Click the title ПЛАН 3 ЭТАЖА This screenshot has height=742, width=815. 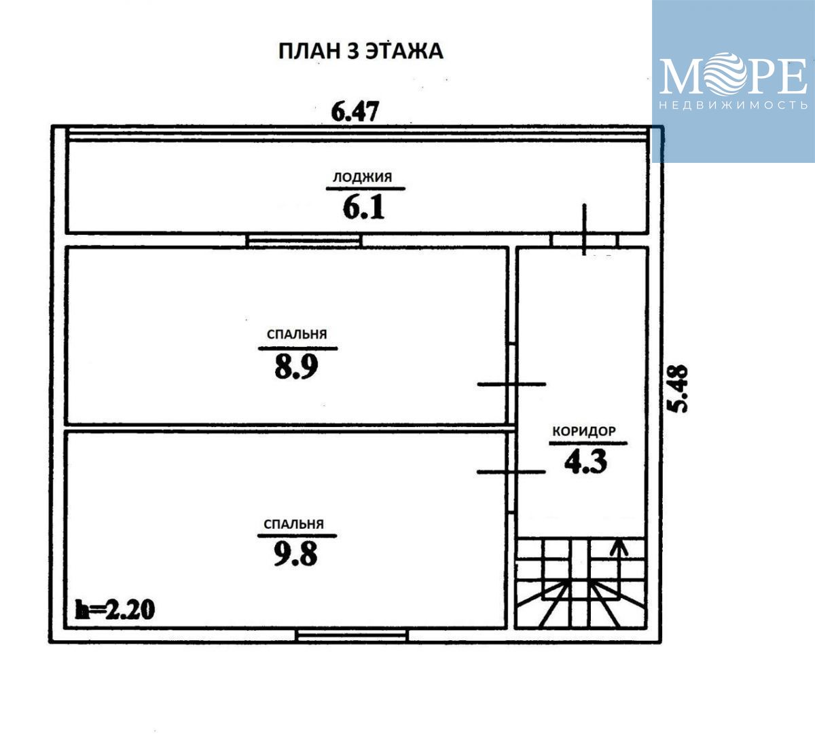pyautogui.click(x=361, y=51)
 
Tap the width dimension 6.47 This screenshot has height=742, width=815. pyautogui.click(x=355, y=111)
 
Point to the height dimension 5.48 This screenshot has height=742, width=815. pyautogui.click(x=678, y=389)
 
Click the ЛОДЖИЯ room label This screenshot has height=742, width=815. pyautogui.click(x=363, y=177)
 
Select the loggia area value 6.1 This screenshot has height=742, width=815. pyautogui.click(x=363, y=208)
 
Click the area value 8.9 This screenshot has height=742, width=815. pyautogui.click(x=296, y=367)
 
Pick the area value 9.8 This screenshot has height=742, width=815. pyautogui.click(x=295, y=555)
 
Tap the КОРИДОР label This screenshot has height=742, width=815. pyautogui.click(x=584, y=431)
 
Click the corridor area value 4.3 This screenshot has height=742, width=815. pyautogui.click(x=585, y=462)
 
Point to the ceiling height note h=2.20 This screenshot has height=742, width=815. pyautogui.click(x=115, y=610)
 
